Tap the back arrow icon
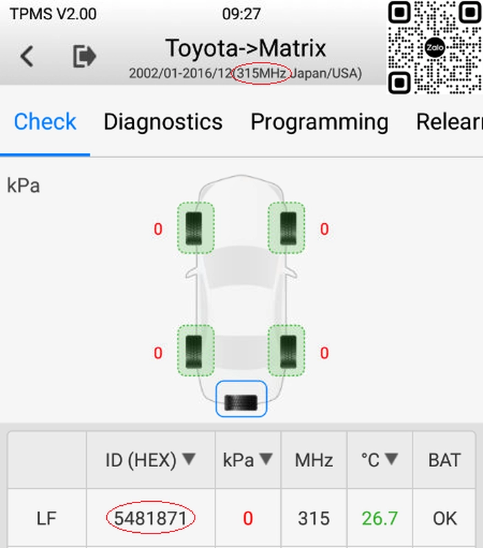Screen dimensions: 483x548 [27, 56]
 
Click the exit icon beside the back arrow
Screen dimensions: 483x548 [84, 56]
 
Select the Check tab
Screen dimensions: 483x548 [45, 121]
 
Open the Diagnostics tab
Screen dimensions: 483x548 [163, 122]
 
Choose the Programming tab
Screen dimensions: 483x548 [319, 122]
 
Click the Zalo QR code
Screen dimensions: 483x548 [435, 47]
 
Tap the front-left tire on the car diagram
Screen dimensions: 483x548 [195, 228]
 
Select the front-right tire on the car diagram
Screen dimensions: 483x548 [286, 228]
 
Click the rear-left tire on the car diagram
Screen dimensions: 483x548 [195, 351]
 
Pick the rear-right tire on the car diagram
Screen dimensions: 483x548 [286, 351]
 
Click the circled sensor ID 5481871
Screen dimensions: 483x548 [150, 518]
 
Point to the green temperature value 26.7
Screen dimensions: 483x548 [379, 518]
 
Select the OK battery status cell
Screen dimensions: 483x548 [444, 518]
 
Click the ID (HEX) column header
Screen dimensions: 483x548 [150, 460]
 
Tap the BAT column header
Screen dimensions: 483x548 [444, 460]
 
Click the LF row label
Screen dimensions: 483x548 [46, 518]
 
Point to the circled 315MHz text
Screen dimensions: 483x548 [262, 73]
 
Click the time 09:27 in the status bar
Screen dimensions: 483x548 [241, 14]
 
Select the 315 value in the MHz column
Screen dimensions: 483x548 [314, 518]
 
